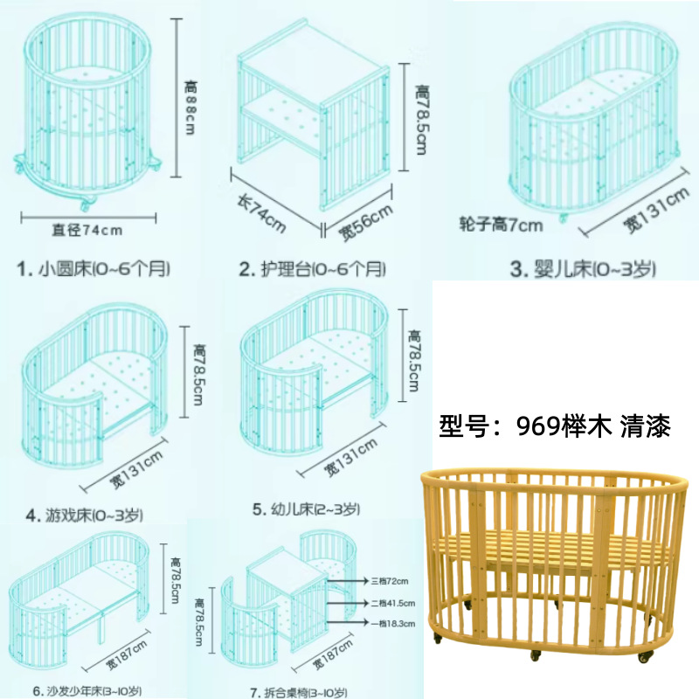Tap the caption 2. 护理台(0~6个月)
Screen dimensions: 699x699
coord(312,268)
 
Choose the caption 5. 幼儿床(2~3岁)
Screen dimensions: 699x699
coord(306,508)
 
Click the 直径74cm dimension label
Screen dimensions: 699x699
coord(87,231)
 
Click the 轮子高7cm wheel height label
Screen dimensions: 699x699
coord(501,225)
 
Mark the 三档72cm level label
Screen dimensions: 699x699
coord(390,579)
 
